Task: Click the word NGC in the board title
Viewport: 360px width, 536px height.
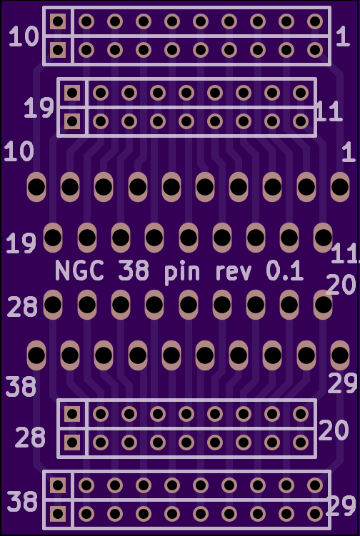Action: click(80, 270)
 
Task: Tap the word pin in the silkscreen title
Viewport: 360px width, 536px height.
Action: click(181, 273)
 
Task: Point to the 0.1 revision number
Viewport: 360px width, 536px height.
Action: click(285, 271)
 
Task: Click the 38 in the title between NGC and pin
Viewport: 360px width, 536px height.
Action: click(134, 271)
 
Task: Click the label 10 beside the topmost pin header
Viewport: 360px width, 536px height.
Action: click(24, 36)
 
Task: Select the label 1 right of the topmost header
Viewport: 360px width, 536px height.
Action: click(343, 36)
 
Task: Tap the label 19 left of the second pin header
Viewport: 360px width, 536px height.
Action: click(39, 108)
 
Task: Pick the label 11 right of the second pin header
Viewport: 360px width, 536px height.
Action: click(329, 111)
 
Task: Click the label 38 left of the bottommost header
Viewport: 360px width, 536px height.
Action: click(22, 502)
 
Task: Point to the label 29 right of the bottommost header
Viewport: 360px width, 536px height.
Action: click(341, 506)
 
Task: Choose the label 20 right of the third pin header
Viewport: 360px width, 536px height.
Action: click(334, 430)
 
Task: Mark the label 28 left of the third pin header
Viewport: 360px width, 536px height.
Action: click(30, 438)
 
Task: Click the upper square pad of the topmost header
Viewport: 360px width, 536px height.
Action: click(58, 21)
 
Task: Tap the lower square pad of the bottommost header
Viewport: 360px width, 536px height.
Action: click(58, 514)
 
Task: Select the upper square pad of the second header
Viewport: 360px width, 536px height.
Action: click(72, 93)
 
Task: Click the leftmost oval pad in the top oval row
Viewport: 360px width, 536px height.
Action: click(36, 187)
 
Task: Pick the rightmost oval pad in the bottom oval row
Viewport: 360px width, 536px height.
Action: click(340, 355)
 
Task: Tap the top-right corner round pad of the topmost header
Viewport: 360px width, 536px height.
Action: click(315, 21)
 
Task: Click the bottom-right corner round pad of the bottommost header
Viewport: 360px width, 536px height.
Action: click(315, 514)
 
